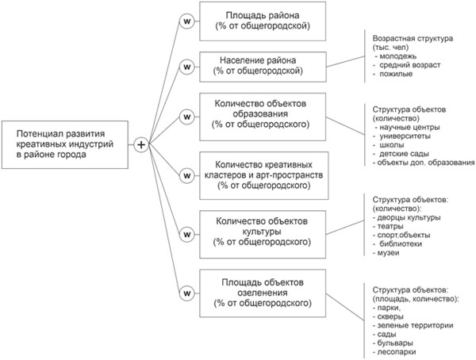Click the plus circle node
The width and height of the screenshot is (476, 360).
pos(141,145)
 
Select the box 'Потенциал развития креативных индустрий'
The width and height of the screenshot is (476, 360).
pos(64,144)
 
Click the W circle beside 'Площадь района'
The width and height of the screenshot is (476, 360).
pos(187,21)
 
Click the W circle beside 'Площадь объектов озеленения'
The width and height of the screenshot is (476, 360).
pos(187,291)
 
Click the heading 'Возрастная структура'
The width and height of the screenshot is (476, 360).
pos(409,37)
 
